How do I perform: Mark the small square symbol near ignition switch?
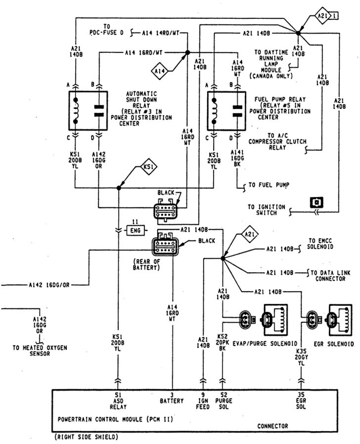[x=315, y=202]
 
